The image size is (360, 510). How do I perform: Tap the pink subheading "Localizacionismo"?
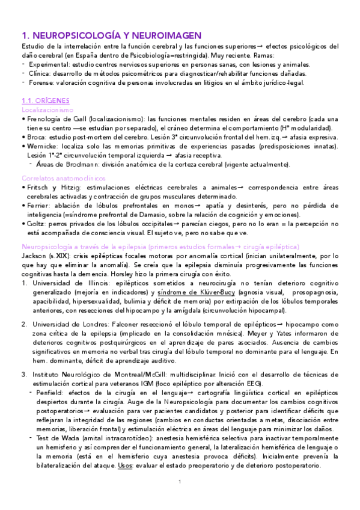(x=47, y=110)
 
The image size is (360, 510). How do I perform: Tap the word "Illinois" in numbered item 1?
(x=91, y=283)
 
